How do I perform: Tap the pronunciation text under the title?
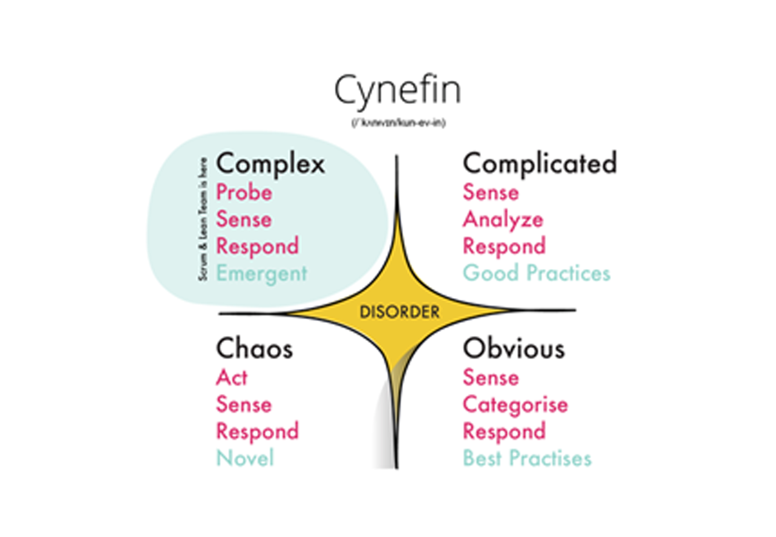[x=399, y=123]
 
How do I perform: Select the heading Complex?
[x=271, y=164]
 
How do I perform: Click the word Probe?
[x=244, y=192]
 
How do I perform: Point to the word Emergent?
[x=262, y=273]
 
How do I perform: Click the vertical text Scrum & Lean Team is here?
[x=203, y=219]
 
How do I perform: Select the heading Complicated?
[x=540, y=164]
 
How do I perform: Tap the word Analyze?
[x=503, y=220]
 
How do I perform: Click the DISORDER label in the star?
[x=399, y=312]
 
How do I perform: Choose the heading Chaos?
[x=254, y=349]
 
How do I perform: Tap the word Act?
[x=232, y=377]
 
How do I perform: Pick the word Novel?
[x=245, y=458]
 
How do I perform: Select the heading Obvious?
[x=514, y=349]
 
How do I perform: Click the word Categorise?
[x=515, y=405]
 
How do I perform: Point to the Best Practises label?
[x=527, y=458]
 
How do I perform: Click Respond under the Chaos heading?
[x=257, y=431]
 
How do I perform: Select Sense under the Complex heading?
[x=244, y=219]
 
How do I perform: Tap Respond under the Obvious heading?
[x=504, y=431]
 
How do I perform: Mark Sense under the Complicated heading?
[x=491, y=192]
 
